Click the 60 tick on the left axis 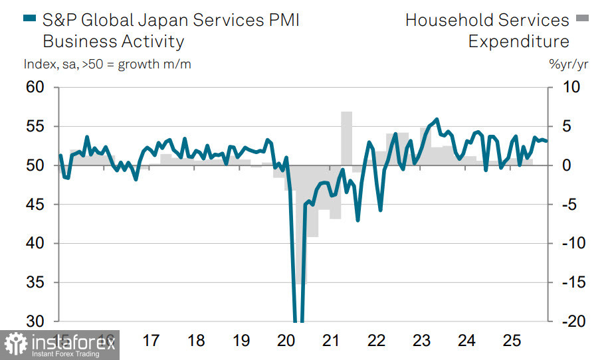pyautogui.click(x=35, y=88)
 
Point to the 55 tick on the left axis pyautogui.click(x=35, y=127)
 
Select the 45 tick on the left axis pyautogui.click(x=35, y=205)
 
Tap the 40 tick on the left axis pyautogui.click(x=35, y=244)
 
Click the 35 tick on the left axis pyautogui.click(x=35, y=283)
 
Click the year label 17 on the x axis pyautogui.click(x=152, y=341)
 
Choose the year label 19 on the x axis pyautogui.click(x=241, y=341)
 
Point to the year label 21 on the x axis pyautogui.click(x=331, y=341)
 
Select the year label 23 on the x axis pyautogui.click(x=421, y=341)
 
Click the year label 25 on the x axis pyautogui.click(x=511, y=341)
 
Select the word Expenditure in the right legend pyautogui.click(x=518, y=41)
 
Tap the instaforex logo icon pyautogui.click(x=16, y=345)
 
